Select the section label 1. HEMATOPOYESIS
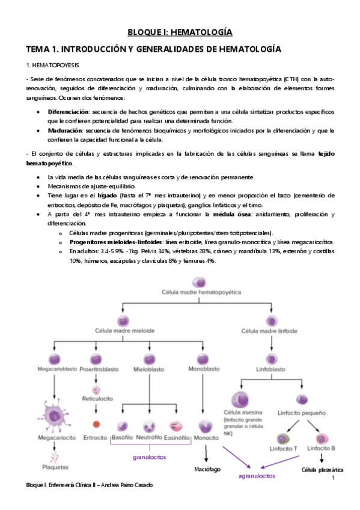pos(51,64)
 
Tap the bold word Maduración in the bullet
pos(65,131)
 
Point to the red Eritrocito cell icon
pos(95,425)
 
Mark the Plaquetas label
pos(55,467)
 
